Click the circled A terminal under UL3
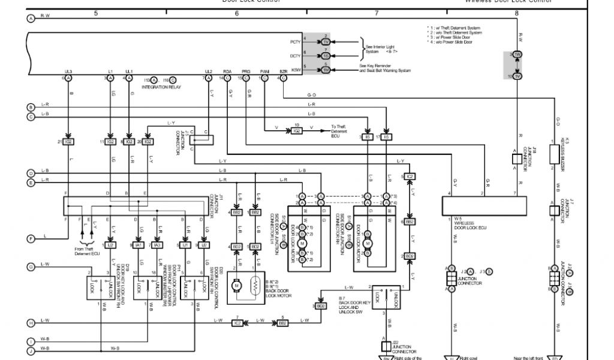click(68, 78)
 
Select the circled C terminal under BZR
click(284, 78)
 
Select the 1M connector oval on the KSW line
click(326, 70)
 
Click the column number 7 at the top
click(376, 13)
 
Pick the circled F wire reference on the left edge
click(31, 239)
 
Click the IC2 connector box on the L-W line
click(237, 323)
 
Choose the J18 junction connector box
click(516, 158)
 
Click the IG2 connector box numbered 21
click(68, 142)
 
